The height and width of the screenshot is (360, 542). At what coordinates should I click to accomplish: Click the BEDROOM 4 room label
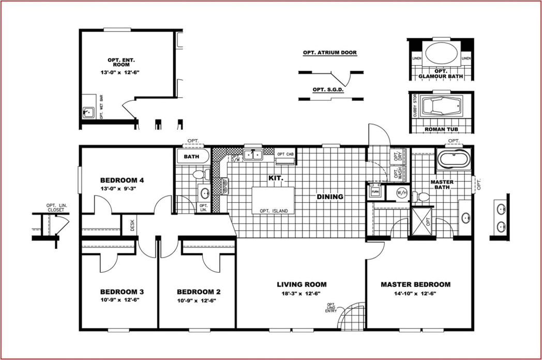pyautogui.click(x=122, y=180)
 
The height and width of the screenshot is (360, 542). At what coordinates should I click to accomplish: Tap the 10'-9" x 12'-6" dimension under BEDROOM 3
pyautogui.click(x=119, y=300)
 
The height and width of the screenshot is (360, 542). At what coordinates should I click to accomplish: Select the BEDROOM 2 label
pyautogui.click(x=198, y=291)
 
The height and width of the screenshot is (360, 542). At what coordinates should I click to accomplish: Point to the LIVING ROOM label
pyautogui.click(x=302, y=284)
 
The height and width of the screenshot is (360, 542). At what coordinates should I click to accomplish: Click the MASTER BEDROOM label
pyautogui.click(x=415, y=284)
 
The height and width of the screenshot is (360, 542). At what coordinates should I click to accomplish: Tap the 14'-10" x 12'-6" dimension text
pyautogui.click(x=415, y=293)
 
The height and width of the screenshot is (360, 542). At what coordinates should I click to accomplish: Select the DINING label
pyautogui.click(x=330, y=197)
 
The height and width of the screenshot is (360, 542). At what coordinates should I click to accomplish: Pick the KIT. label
pyautogui.click(x=275, y=177)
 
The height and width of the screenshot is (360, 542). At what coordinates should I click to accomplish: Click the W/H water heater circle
pyautogui.click(x=402, y=193)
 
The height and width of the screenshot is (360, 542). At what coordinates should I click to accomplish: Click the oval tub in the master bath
pyautogui.click(x=454, y=160)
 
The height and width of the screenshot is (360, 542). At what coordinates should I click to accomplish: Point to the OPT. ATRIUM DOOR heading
pyautogui.click(x=329, y=53)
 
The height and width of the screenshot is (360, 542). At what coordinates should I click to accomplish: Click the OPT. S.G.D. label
pyautogui.click(x=328, y=89)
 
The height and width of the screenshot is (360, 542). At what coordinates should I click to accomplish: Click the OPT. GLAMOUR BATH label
pyautogui.click(x=441, y=73)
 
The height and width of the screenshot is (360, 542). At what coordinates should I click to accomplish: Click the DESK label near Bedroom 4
pyautogui.click(x=132, y=225)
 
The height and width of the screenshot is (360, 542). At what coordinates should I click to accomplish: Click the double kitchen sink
pyautogui.click(x=253, y=154)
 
